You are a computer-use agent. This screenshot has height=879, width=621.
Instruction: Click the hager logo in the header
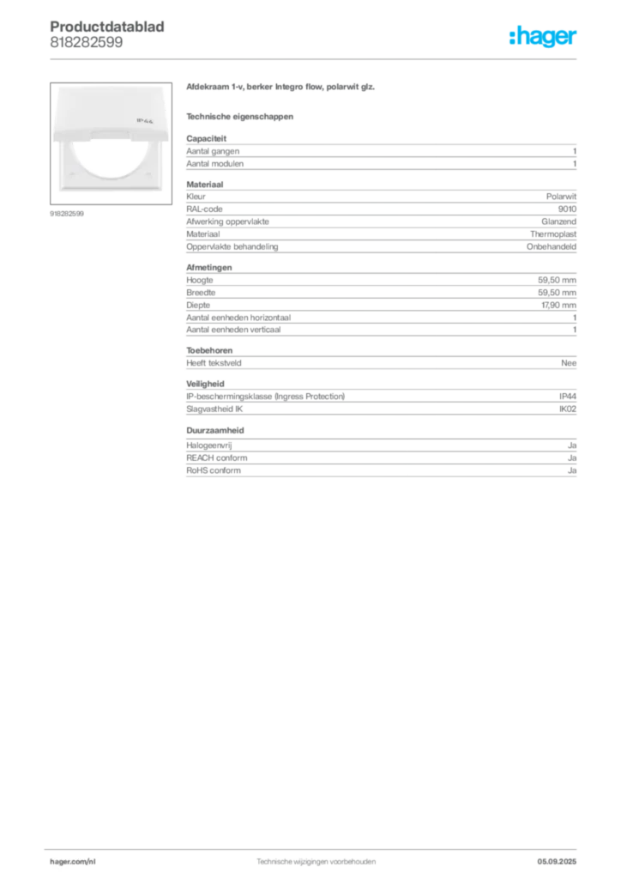[x=543, y=37]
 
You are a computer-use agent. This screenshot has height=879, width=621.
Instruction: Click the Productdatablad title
[x=107, y=27]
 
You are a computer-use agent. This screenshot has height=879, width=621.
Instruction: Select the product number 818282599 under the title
[x=87, y=42]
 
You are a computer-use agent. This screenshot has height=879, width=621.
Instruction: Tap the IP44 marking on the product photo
[x=144, y=120]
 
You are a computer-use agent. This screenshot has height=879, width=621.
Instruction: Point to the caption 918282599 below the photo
[x=67, y=214]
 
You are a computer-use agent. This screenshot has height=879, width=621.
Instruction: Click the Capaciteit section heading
[x=206, y=138]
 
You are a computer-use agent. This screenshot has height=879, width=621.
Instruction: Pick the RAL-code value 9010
[x=567, y=209]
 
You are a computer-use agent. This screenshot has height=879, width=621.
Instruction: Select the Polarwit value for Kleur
[x=561, y=197]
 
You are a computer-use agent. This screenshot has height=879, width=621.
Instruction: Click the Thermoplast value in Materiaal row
[x=553, y=233]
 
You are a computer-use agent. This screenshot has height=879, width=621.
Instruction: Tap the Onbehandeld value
[x=551, y=246]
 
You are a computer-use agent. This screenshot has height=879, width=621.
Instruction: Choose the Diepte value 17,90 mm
[x=558, y=305]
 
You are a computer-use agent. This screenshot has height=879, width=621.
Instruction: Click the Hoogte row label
[x=199, y=281]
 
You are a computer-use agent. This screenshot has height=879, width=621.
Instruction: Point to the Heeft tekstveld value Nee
[x=569, y=363]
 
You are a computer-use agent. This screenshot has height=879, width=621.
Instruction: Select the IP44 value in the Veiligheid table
[x=568, y=397]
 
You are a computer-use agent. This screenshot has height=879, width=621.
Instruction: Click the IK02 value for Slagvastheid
[x=568, y=409]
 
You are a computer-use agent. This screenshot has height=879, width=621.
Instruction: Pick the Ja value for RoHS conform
[x=572, y=470]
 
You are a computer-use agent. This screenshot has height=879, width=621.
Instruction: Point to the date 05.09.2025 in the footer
[x=557, y=862]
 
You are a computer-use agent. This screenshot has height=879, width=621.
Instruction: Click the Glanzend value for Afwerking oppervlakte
[x=559, y=221]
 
